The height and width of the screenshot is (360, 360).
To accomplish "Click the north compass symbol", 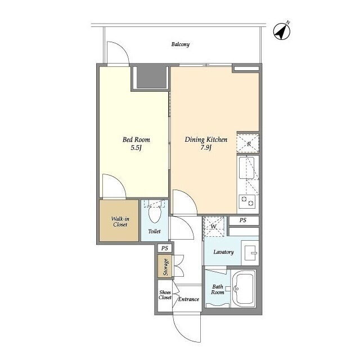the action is pos(282,31).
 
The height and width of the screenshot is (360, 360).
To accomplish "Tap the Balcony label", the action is pos(181,44).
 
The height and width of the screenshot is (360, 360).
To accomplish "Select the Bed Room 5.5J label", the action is pos(136,143).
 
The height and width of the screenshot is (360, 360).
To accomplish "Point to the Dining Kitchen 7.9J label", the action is pos(206,143).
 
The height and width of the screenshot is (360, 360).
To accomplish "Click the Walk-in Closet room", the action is pos(119,220).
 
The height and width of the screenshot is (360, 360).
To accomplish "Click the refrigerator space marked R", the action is pos(248,144).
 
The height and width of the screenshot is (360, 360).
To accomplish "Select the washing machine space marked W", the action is pos(214,227).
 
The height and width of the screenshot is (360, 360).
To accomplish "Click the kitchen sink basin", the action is pos(246,168).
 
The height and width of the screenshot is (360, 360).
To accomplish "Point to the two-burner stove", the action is pos(247,201).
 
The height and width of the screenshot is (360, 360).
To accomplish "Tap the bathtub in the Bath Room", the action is pos(244,289).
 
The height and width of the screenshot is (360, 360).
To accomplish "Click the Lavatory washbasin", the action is pos(250,253).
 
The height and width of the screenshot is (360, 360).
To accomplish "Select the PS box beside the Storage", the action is pos(165,248).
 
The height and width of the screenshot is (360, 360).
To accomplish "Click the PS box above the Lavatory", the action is pos(244,220).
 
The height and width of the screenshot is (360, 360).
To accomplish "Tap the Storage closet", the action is pos(165,266).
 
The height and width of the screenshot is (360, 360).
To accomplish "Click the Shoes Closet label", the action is pos(165,295).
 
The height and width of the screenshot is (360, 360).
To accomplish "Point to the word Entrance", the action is pos(188,299).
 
